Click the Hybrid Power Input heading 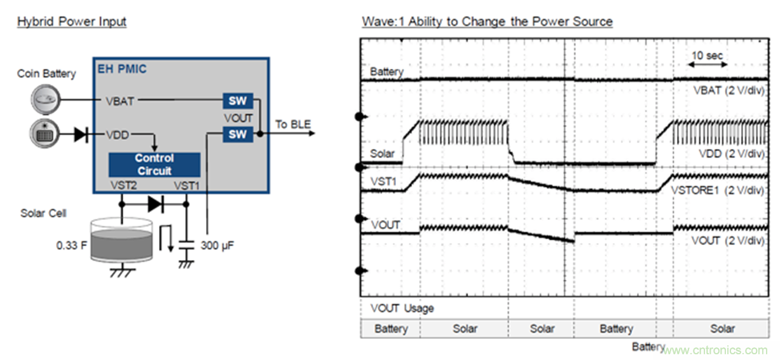point(71,22)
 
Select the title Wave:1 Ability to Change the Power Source point(487,22)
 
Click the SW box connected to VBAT point(237,100)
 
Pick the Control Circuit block point(154,164)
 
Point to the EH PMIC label point(121,69)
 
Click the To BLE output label point(293,124)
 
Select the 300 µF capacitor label point(217,244)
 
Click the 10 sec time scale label point(707,56)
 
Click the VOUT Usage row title point(402,308)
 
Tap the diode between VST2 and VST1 point(154,204)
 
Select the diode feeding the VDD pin point(81,134)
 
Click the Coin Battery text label point(46,74)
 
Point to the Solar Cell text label point(43,212)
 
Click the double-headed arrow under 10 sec point(709,65)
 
